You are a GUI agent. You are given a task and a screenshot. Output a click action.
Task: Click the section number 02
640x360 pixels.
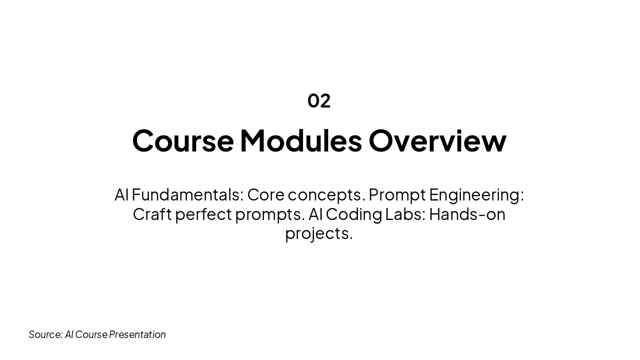tap(319, 100)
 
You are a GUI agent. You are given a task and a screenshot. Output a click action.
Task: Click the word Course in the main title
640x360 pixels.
tap(182, 140)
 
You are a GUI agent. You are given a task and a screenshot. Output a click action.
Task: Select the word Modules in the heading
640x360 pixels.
tap(300, 140)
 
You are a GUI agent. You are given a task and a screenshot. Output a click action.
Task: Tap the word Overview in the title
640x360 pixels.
tap(437, 140)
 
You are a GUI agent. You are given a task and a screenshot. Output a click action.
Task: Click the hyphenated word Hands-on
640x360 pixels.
tap(467, 214)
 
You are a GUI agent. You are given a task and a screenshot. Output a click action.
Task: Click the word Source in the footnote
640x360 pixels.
tap(45, 334)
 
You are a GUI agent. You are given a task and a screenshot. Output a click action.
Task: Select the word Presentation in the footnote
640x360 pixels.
tap(137, 334)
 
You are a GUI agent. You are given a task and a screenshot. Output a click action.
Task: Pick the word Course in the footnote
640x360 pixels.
tap(91, 334)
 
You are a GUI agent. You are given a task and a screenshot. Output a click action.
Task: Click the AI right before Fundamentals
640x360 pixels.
tap(121, 194)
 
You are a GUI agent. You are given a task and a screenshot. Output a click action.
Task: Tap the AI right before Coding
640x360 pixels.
tap(315, 214)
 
